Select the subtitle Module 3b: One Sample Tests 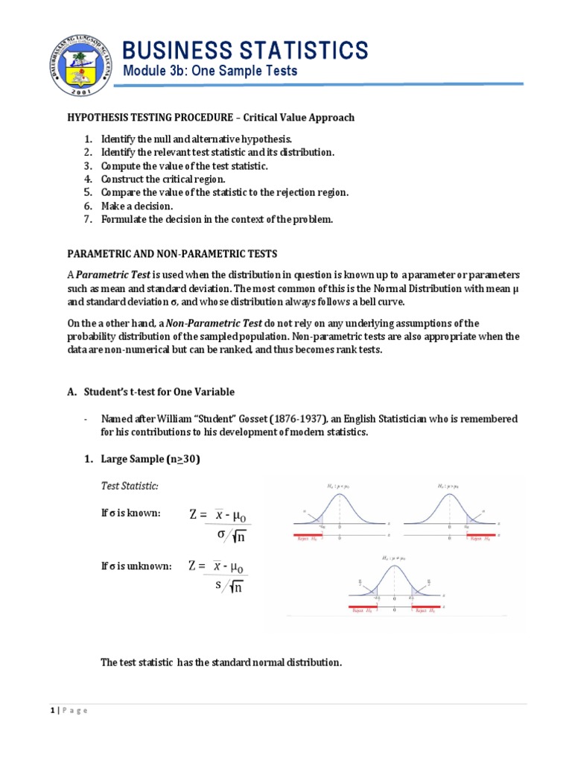(x=210, y=72)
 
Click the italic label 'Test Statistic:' (x=130, y=486)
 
